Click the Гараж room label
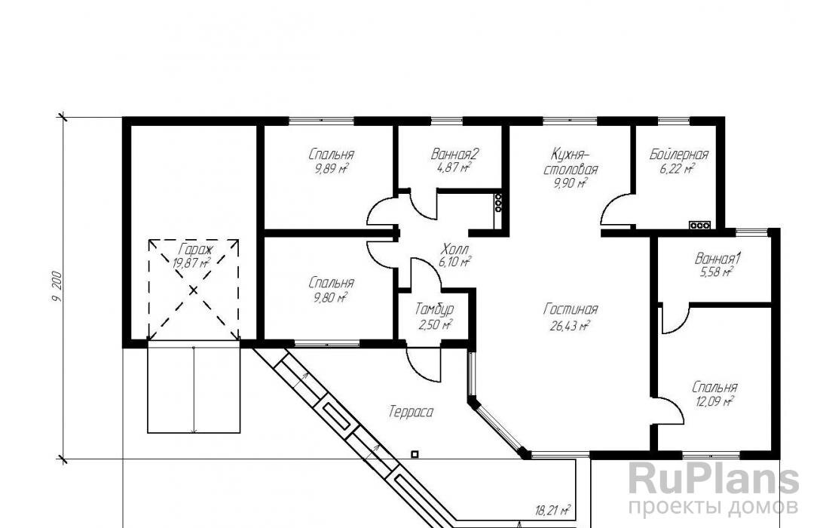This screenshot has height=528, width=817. point(193,249)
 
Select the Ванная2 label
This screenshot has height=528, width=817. point(454,155)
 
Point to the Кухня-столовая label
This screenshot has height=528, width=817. point(571,161)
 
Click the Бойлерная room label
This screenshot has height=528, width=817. point(679,155)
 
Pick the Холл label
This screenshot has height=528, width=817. point(455,248)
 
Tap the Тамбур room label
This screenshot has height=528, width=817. point(434,309)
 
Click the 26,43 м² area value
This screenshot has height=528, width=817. point(570,327)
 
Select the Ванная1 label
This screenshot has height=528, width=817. point(718,259)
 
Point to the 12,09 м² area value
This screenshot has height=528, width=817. point(714,402)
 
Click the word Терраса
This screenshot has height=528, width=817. point(411,413)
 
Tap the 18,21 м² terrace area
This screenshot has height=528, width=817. point(552,510)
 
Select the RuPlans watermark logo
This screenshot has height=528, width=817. point(713,478)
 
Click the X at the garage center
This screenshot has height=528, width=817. point(193,290)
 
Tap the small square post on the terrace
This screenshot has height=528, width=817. point(415,455)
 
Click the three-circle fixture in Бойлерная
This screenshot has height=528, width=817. point(699,226)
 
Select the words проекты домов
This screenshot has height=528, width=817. point(713,507)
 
